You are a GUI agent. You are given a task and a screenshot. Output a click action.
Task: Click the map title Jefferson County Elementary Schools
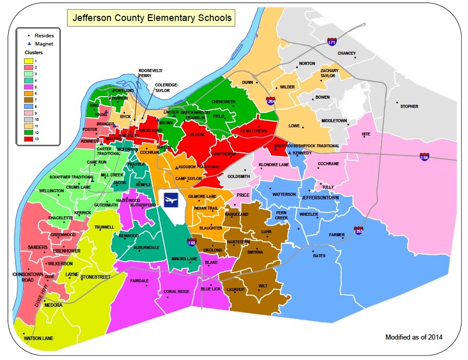pyautogui.click(x=152, y=19)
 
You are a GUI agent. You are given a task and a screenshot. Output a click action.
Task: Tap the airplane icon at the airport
pyautogui.click(x=170, y=200)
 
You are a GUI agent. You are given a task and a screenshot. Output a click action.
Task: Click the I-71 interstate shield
pyautogui.click(x=332, y=42)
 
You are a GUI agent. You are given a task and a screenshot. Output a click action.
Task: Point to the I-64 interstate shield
pyautogui.click(x=425, y=157)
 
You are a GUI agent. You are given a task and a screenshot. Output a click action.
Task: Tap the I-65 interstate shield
pyautogui.click(x=192, y=242)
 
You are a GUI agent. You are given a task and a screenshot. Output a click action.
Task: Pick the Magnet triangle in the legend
pyautogui.click(x=29, y=44)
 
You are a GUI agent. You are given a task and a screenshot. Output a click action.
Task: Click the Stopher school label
pyautogui.click(x=409, y=106)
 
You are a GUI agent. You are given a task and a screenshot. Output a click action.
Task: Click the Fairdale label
pyautogui.click(x=139, y=281)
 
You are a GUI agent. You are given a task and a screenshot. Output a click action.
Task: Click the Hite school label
pyautogui.click(x=366, y=134)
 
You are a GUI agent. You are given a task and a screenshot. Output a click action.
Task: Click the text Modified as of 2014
pyautogui.click(x=414, y=337)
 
